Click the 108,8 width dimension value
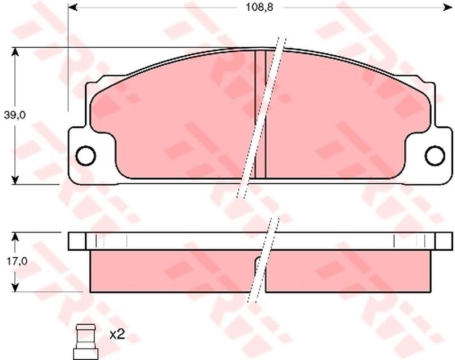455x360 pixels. [x=260, y=7]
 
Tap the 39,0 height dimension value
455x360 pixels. [x=15, y=115]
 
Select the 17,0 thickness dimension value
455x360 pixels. [x=17, y=262]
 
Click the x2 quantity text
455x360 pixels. [x=117, y=335]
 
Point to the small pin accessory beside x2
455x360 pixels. [x=86, y=342]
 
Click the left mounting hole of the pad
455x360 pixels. [x=85, y=156]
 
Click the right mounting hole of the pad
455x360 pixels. [x=435, y=156]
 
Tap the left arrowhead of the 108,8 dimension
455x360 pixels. [x=73, y=7]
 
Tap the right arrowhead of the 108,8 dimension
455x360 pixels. [x=448, y=7]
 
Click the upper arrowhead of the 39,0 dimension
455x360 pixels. [x=15, y=52]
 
